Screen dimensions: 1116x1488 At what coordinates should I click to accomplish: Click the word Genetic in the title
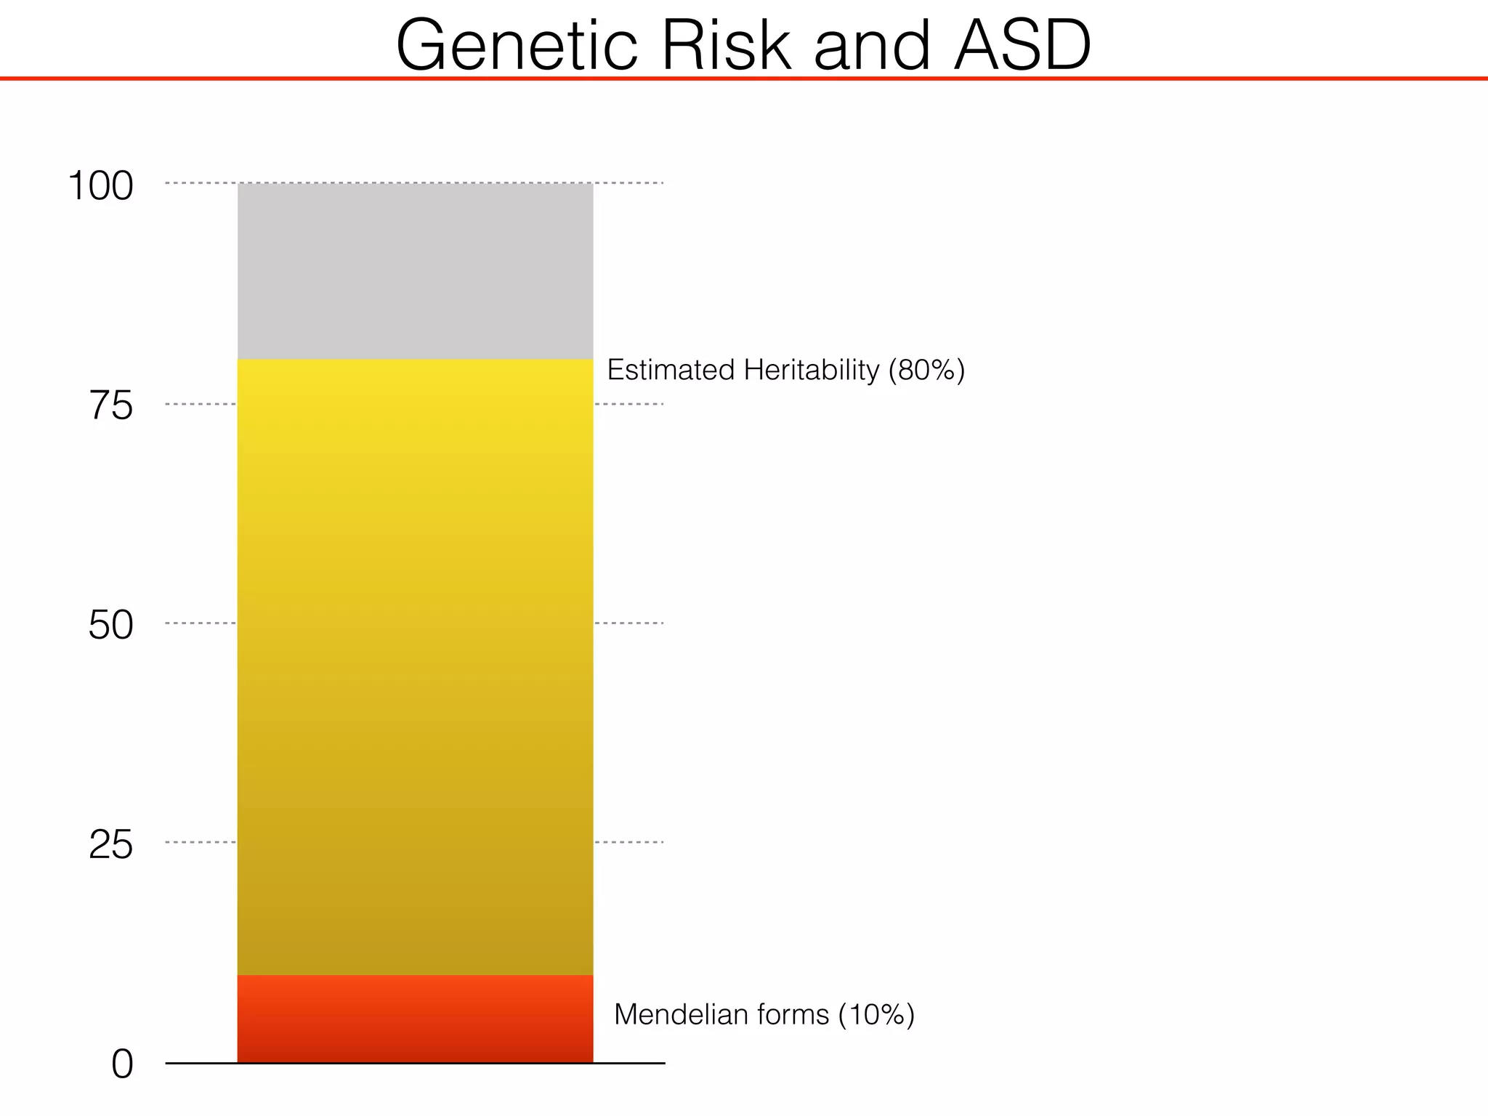point(517,45)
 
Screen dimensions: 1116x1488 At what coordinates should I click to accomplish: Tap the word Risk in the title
point(725,45)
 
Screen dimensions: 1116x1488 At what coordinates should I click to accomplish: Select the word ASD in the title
point(1022,45)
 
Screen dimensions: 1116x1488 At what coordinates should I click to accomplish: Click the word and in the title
point(871,45)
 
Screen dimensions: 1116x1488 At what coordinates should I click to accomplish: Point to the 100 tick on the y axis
point(100,186)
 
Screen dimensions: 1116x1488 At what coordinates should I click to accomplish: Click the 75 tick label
point(111,405)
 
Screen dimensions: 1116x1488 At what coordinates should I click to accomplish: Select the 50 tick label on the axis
point(111,625)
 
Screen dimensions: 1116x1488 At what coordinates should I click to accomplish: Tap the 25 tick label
point(111,845)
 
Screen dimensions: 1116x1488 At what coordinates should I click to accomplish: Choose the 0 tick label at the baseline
point(122,1065)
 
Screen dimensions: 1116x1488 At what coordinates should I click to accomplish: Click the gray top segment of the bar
point(415,271)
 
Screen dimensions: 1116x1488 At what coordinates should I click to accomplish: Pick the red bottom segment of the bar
point(415,1019)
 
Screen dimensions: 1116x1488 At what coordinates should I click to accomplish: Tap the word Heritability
point(812,371)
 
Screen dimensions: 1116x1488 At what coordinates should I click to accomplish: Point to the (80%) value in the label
point(926,371)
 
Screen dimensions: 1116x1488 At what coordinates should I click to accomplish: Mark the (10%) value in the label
point(876,1014)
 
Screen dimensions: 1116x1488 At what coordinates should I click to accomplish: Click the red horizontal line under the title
point(744,78)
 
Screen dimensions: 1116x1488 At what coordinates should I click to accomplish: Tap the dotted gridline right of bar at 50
point(629,623)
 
